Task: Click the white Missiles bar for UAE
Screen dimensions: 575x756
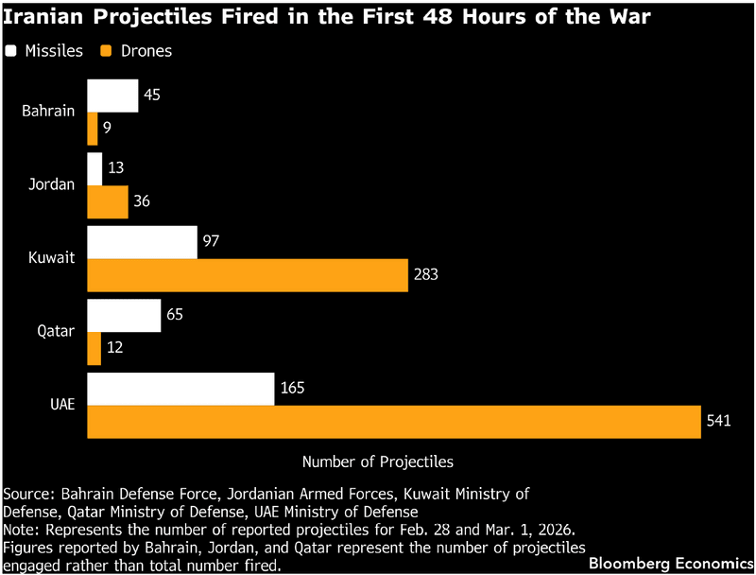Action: coord(180,389)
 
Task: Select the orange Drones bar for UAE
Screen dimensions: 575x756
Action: coord(391,422)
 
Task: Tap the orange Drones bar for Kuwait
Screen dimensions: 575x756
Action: coord(247,275)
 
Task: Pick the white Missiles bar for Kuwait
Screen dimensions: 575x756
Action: coord(142,242)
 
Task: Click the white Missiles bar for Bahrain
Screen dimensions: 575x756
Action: coord(112,96)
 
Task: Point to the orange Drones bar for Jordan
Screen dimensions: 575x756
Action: coord(107,201)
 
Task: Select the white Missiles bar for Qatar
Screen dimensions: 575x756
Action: coord(124,316)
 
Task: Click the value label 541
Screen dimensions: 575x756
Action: coord(716,422)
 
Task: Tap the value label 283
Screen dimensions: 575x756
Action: coord(425,275)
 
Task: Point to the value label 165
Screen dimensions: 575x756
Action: coord(291,389)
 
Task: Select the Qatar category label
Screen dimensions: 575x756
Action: coord(56,331)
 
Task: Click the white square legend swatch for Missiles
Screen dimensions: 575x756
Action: coord(10,51)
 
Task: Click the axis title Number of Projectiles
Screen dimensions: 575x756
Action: coord(377,462)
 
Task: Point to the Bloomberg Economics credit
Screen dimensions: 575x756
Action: coord(670,564)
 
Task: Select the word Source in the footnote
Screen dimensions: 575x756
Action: coord(28,494)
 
